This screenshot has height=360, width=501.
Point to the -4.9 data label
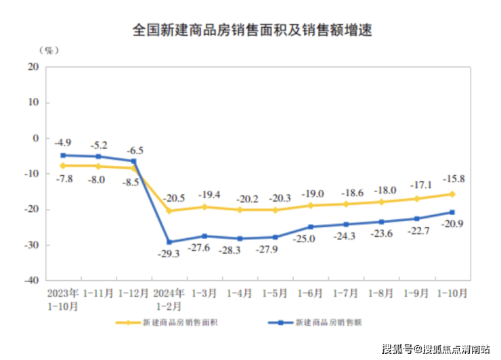pyautogui.click(x=64, y=143)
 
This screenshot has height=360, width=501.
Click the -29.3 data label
pyautogui.click(x=169, y=254)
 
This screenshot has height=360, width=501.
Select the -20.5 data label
pyautogui.click(x=173, y=198)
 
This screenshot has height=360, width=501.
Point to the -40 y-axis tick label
pyautogui.click(x=30, y=280)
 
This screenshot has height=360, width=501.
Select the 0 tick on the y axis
pyautogui.click(x=36, y=138)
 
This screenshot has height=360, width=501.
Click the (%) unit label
pyautogui.click(x=49, y=49)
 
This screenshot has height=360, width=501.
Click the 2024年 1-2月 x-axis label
pyautogui.click(x=169, y=299)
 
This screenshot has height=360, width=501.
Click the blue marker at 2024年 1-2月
pyautogui.click(x=169, y=242)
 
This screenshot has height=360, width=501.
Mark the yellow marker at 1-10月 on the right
pyautogui.click(x=452, y=194)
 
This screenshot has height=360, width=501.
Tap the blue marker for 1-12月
pyautogui.click(x=133, y=161)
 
